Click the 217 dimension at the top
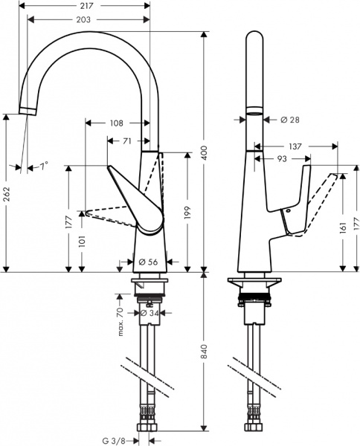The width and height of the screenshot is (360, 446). tap(88, 6)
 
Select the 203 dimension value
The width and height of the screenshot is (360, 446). tap(88, 20)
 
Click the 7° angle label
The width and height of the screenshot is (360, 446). tap(43, 167)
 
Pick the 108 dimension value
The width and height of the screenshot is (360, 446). tap(116, 123)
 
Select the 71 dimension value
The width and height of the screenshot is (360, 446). tap(127, 140)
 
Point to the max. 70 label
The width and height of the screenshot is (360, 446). tap(120, 320)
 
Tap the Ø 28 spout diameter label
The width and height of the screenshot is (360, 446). tap(289, 119)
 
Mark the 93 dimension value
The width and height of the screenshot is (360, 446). tap(283, 158)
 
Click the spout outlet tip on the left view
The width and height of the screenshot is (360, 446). tap(27, 111)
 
